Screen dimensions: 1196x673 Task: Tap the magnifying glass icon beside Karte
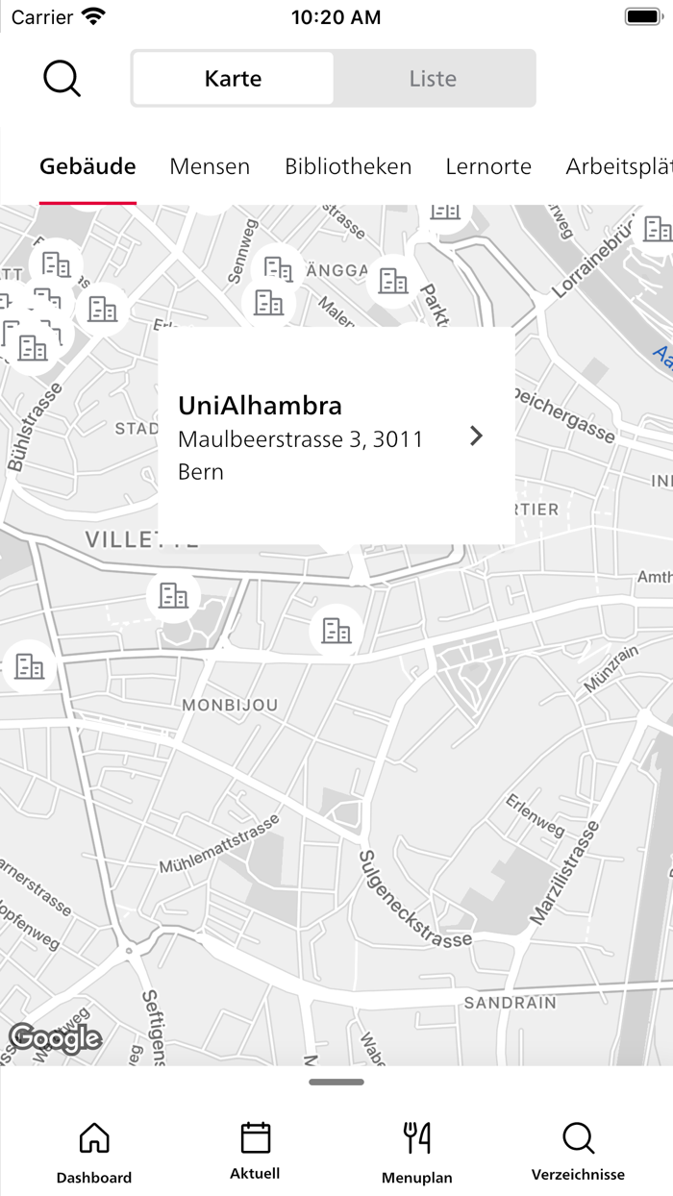tap(62, 79)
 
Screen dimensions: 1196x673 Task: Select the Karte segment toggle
tap(233, 79)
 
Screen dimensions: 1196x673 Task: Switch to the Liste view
tap(433, 79)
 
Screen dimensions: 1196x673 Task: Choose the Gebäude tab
tap(87, 166)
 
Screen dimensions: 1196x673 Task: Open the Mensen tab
tap(210, 166)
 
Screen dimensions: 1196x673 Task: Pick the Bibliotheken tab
tap(348, 166)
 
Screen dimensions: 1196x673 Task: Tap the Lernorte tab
tap(488, 166)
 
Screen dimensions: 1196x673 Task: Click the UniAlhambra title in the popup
tap(260, 406)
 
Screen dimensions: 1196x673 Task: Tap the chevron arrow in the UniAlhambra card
tap(476, 436)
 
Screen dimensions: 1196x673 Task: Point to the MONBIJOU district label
tap(230, 705)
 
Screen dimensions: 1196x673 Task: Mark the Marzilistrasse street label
tap(564, 873)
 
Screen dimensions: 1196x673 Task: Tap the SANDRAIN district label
tap(510, 1003)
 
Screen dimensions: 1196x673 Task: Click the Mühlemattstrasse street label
tap(220, 843)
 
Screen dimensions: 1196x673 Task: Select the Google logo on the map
tap(55, 1038)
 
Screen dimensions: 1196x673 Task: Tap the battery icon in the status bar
tap(642, 16)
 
